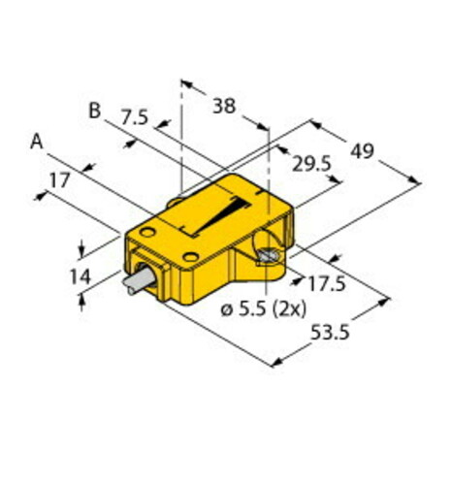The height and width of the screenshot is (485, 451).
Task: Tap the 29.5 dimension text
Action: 312,164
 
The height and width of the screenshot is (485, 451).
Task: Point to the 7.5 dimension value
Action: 134,119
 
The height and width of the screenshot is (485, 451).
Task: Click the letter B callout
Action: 95,110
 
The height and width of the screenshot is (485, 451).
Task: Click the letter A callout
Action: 37,142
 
